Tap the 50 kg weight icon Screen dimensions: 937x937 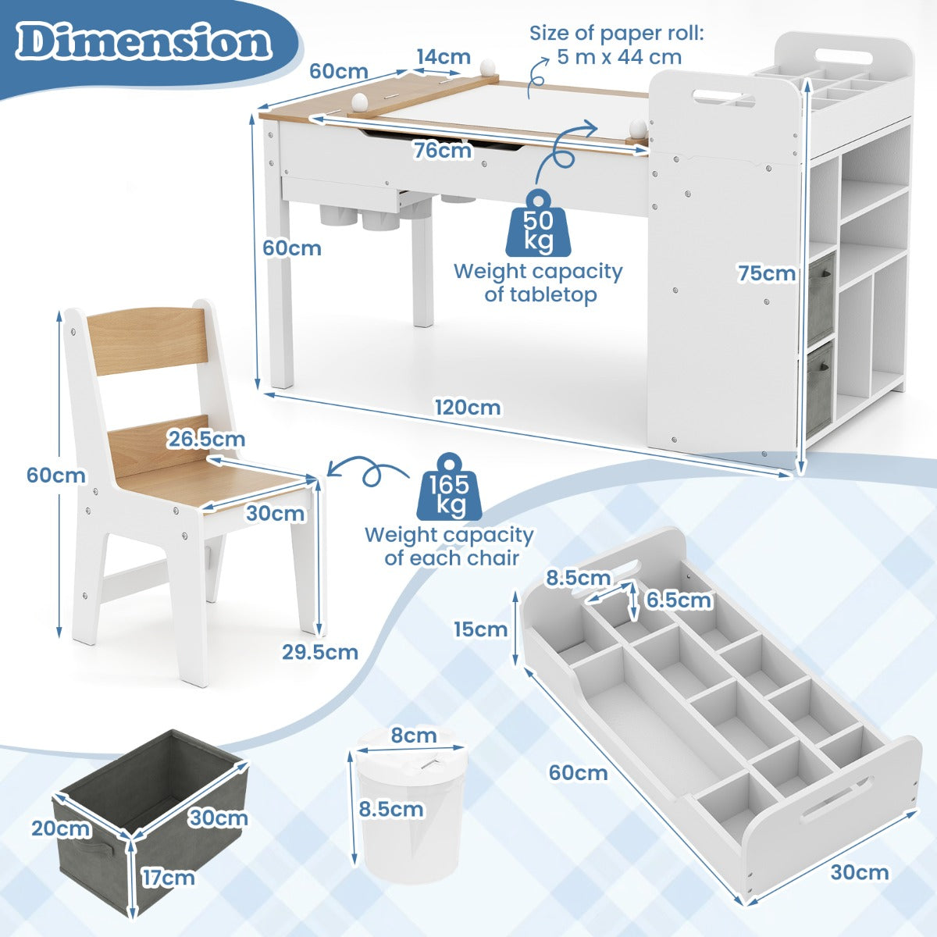(538, 223)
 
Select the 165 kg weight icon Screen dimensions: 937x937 (450, 486)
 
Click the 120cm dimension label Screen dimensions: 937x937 (468, 408)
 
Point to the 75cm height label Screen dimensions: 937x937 (766, 273)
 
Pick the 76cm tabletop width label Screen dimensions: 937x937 (443, 150)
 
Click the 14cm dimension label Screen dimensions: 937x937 (444, 57)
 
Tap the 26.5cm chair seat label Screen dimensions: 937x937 (206, 440)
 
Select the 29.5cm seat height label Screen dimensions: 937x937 (320, 652)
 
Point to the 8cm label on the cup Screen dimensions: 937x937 (413, 736)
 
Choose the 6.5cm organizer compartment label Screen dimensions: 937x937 (679, 600)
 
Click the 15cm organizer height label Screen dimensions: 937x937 (481, 629)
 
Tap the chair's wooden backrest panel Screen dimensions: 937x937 (148, 341)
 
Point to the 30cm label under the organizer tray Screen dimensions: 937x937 (860, 872)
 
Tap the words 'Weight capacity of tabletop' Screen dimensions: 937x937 (538, 283)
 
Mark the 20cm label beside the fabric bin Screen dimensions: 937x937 (61, 828)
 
